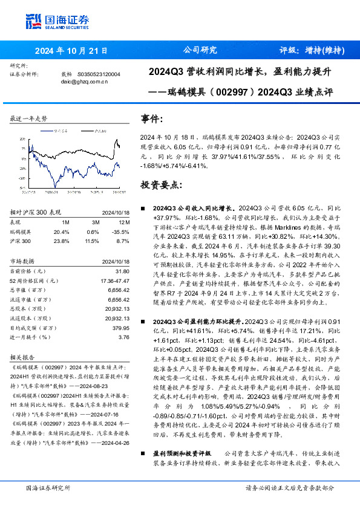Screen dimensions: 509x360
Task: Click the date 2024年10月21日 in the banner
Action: pos(71,50)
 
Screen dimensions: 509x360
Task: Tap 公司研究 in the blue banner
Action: pos(199,50)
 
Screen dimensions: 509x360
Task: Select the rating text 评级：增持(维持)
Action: pos(311,50)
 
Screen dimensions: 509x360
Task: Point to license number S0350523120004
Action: pos(99,74)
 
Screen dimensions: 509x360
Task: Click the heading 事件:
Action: pos(152,119)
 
